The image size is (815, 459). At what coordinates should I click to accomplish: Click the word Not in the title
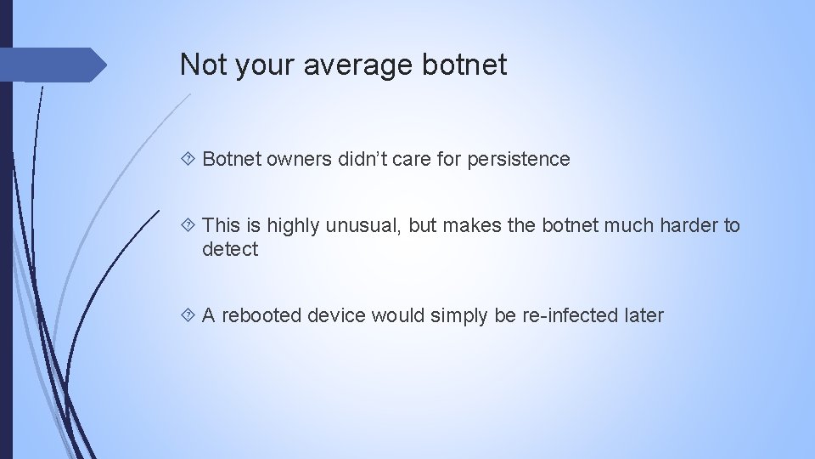[x=200, y=65]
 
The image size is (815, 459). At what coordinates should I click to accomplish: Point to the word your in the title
[x=254, y=65]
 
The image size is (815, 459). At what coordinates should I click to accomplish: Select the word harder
[x=686, y=225]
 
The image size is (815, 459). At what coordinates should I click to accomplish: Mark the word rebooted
[x=261, y=315]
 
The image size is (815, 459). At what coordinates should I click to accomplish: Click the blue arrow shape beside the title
[x=56, y=65]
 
